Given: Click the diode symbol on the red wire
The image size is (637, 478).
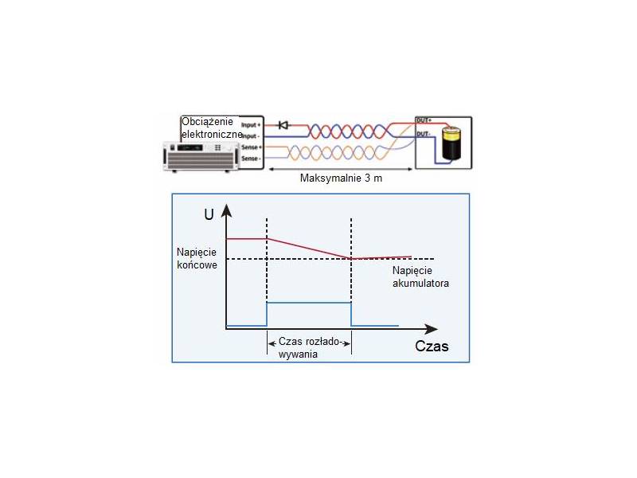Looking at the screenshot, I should tap(283, 125).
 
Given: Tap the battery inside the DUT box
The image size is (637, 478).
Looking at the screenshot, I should tap(451, 144).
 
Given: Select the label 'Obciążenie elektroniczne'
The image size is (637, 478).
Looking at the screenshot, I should tap(210, 127).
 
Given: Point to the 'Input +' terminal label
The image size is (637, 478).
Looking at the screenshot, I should tap(252, 125).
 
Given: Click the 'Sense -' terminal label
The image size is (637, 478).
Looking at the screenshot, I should tap(252, 160).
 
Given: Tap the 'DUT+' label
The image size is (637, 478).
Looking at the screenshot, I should tap(424, 120).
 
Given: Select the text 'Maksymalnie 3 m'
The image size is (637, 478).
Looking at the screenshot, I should tap(341, 178).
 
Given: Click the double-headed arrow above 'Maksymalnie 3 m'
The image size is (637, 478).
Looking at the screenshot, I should tap(341, 168).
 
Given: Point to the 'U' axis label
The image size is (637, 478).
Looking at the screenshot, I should tap(209, 214).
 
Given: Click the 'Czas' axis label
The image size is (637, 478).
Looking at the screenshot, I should tap(432, 347).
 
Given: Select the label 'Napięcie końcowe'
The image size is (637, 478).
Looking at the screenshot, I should tap(197, 258).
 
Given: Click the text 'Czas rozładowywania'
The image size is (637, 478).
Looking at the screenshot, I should tap(309, 348).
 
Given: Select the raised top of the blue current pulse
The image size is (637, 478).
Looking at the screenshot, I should tap(309, 303).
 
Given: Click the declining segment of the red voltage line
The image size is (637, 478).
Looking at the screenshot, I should tap(309, 248).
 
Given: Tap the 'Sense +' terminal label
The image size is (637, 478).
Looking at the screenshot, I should tap(252, 148).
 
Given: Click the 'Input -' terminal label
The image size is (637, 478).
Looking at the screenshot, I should tap(252, 136).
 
